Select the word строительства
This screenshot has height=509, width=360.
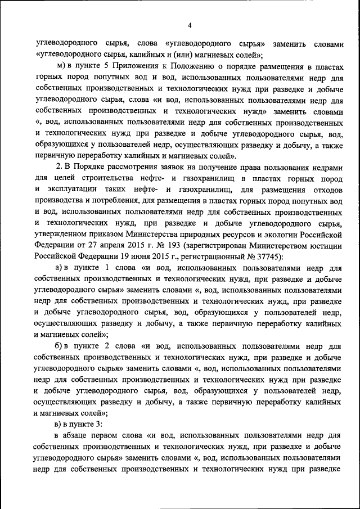111,178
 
